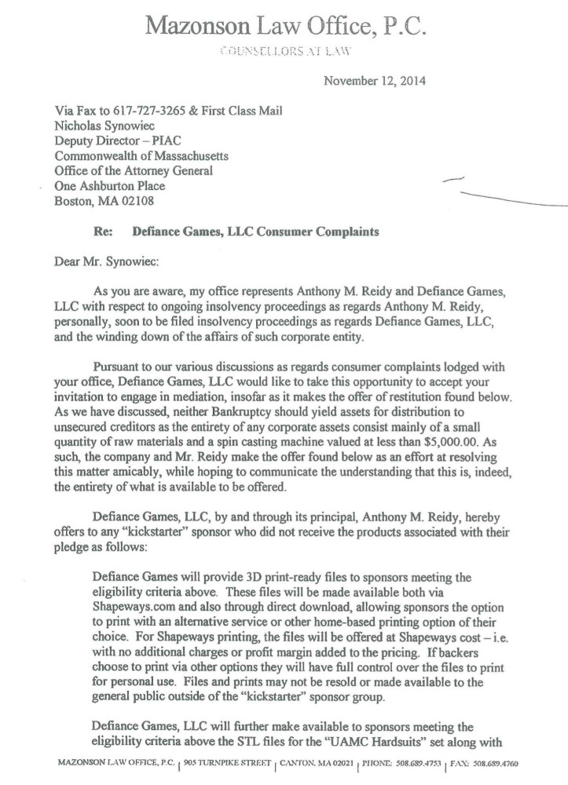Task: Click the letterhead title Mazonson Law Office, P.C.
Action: pos(284,26)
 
